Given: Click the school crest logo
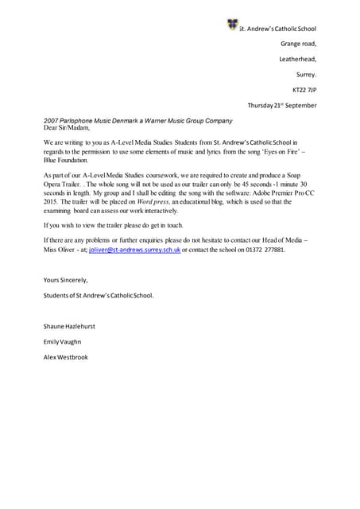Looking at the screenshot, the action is (x=232, y=25).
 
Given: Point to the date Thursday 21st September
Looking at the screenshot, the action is (x=281, y=105).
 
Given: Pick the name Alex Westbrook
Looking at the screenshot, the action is (x=66, y=357).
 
